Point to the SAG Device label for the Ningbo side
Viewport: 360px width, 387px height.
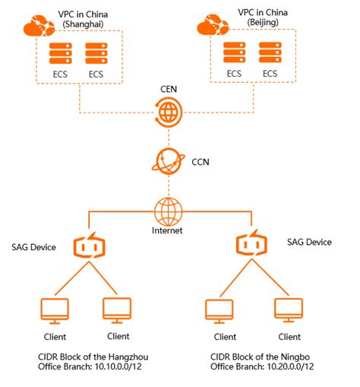click(309, 241)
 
